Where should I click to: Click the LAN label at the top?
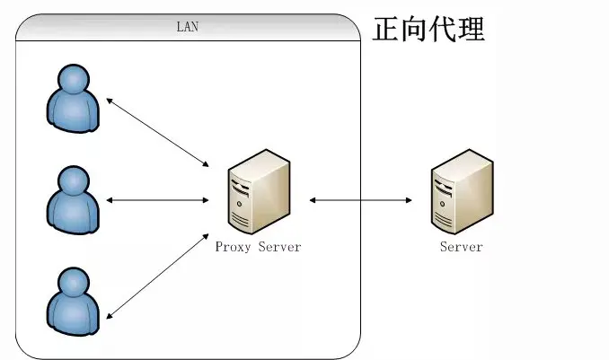click(186, 26)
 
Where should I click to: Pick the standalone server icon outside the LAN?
click(462, 192)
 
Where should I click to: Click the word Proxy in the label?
click(233, 247)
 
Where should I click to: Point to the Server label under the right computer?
click(461, 247)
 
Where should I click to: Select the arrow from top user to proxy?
click(158, 133)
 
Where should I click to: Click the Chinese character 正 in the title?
click(386, 30)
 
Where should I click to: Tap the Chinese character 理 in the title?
click(472, 30)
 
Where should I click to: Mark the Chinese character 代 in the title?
click(443, 30)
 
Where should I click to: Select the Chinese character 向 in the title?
click(414, 30)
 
